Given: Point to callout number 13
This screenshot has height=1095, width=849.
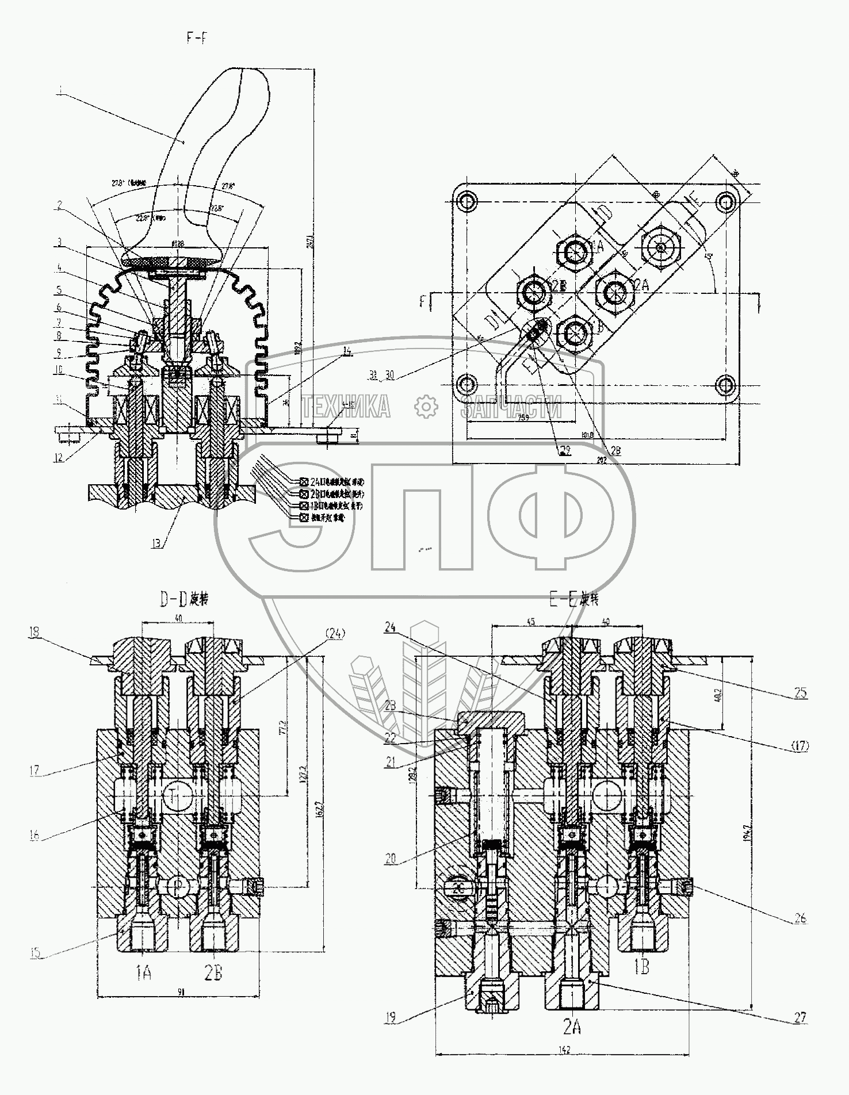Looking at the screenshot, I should pos(156,542).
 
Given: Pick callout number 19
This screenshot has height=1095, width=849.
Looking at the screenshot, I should pos(391,1018).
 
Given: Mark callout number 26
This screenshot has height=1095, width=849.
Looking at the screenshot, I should pos(801,918).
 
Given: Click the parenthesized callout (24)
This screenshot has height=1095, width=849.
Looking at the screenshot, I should pos(335,634).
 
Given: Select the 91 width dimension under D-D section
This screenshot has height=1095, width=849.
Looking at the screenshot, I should pos(181,992).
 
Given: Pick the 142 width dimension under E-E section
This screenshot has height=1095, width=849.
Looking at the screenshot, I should pos(564,1050).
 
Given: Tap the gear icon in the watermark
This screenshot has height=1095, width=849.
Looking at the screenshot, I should pos(426,406).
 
